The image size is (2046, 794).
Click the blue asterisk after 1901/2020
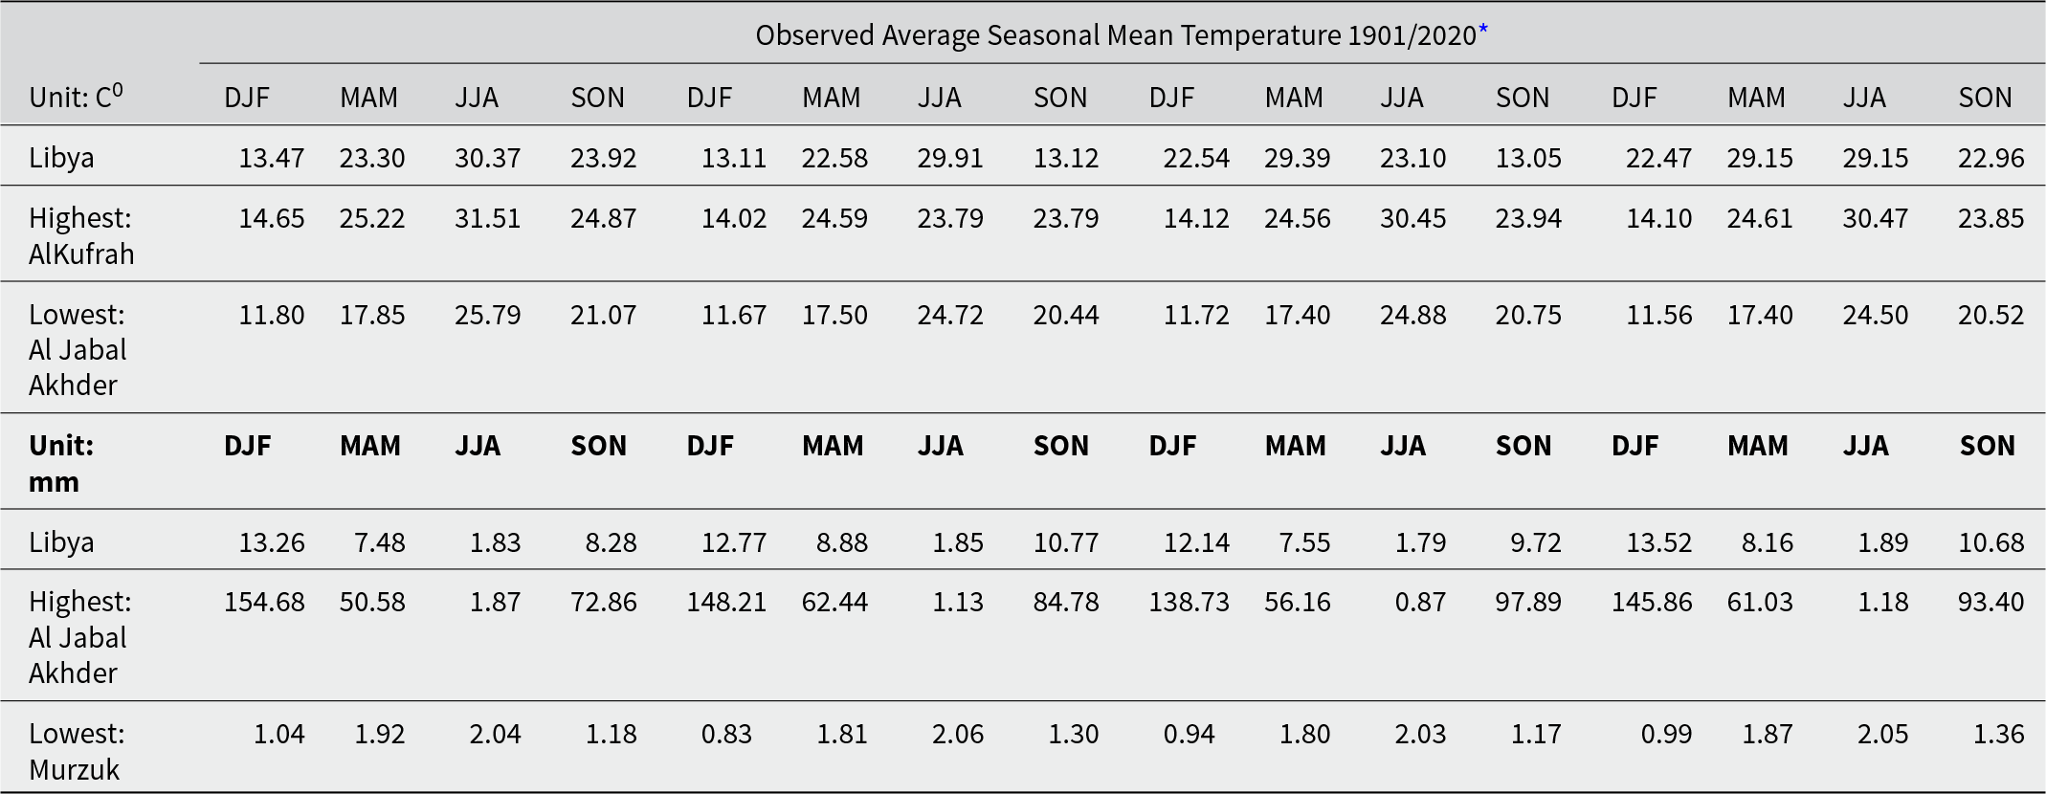[x=1483, y=30]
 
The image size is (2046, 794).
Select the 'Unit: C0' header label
[x=77, y=96]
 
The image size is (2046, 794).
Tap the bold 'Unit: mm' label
[x=61, y=463]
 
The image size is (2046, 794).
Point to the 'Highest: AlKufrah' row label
[x=81, y=235]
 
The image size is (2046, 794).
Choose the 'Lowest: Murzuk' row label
[x=77, y=751]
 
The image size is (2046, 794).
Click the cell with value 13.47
[x=272, y=158]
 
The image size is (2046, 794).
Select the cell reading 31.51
[x=488, y=218]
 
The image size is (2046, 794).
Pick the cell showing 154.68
[x=264, y=602]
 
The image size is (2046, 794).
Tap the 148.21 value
[x=726, y=602]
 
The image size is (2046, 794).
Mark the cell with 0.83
[x=726, y=734]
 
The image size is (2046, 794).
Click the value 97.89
[x=1528, y=602]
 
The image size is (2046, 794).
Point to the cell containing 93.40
[x=1991, y=602]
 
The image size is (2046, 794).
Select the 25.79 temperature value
[x=488, y=315]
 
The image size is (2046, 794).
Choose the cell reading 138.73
[x=1190, y=602]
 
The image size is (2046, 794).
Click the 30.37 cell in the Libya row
[x=488, y=158]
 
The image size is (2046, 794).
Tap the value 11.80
[x=272, y=315]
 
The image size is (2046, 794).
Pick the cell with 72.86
[x=604, y=602]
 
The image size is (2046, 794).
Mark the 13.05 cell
[x=1528, y=158]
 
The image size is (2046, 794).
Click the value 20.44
[x=1066, y=315]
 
